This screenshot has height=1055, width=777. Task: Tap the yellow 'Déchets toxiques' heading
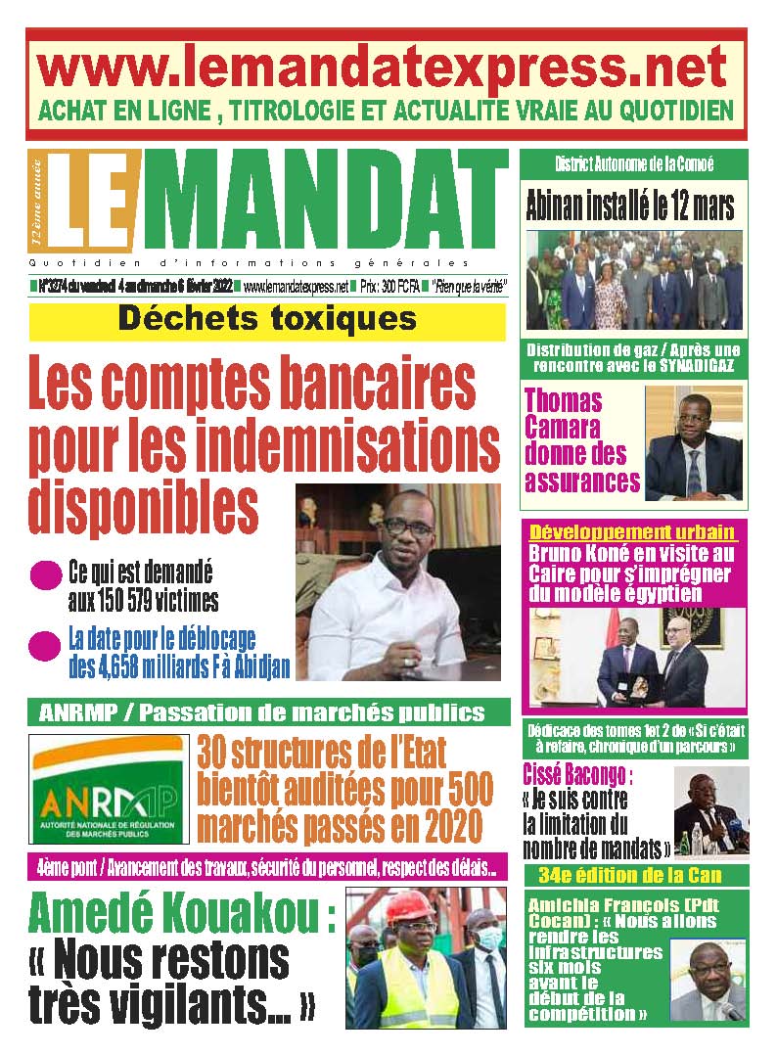pyautogui.click(x=267, y=319)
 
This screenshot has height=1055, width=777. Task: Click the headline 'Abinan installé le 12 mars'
pyautogui.click(x=629, y=206)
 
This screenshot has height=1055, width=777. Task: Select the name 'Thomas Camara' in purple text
pyautogui.click(x=566, y=414)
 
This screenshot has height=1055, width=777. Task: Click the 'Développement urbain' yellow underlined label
pyautogui.click(x=632, y=532)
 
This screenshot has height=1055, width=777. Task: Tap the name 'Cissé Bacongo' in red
pyautogui.click(x=577, y=778)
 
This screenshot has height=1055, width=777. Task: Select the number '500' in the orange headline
pyautogui.click(x=453, y=791)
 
